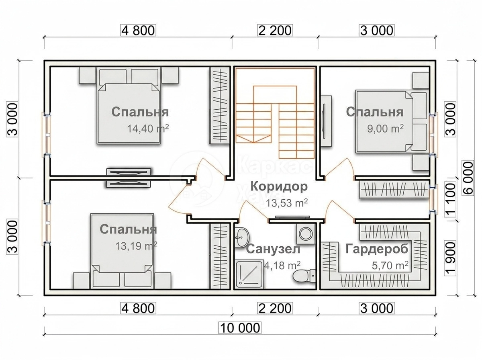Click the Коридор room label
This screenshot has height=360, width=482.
pos(279,187)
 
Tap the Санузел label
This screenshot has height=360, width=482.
pos(273,249)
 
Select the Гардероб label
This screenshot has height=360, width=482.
pos(377,249)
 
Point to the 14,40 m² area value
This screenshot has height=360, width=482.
pos(148,129)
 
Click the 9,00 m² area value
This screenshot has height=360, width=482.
pos(385,129)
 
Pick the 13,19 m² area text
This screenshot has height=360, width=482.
pos(136,246)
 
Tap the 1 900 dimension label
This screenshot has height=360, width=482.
pos(450,258)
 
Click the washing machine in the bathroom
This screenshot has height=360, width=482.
pos(305,234)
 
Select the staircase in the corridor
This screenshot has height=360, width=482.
pos(275,113)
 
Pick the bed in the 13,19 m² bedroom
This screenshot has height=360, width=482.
pos(122,251)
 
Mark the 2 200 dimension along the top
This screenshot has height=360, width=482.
pos(274,30)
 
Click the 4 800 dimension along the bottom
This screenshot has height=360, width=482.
pos(138,308)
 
